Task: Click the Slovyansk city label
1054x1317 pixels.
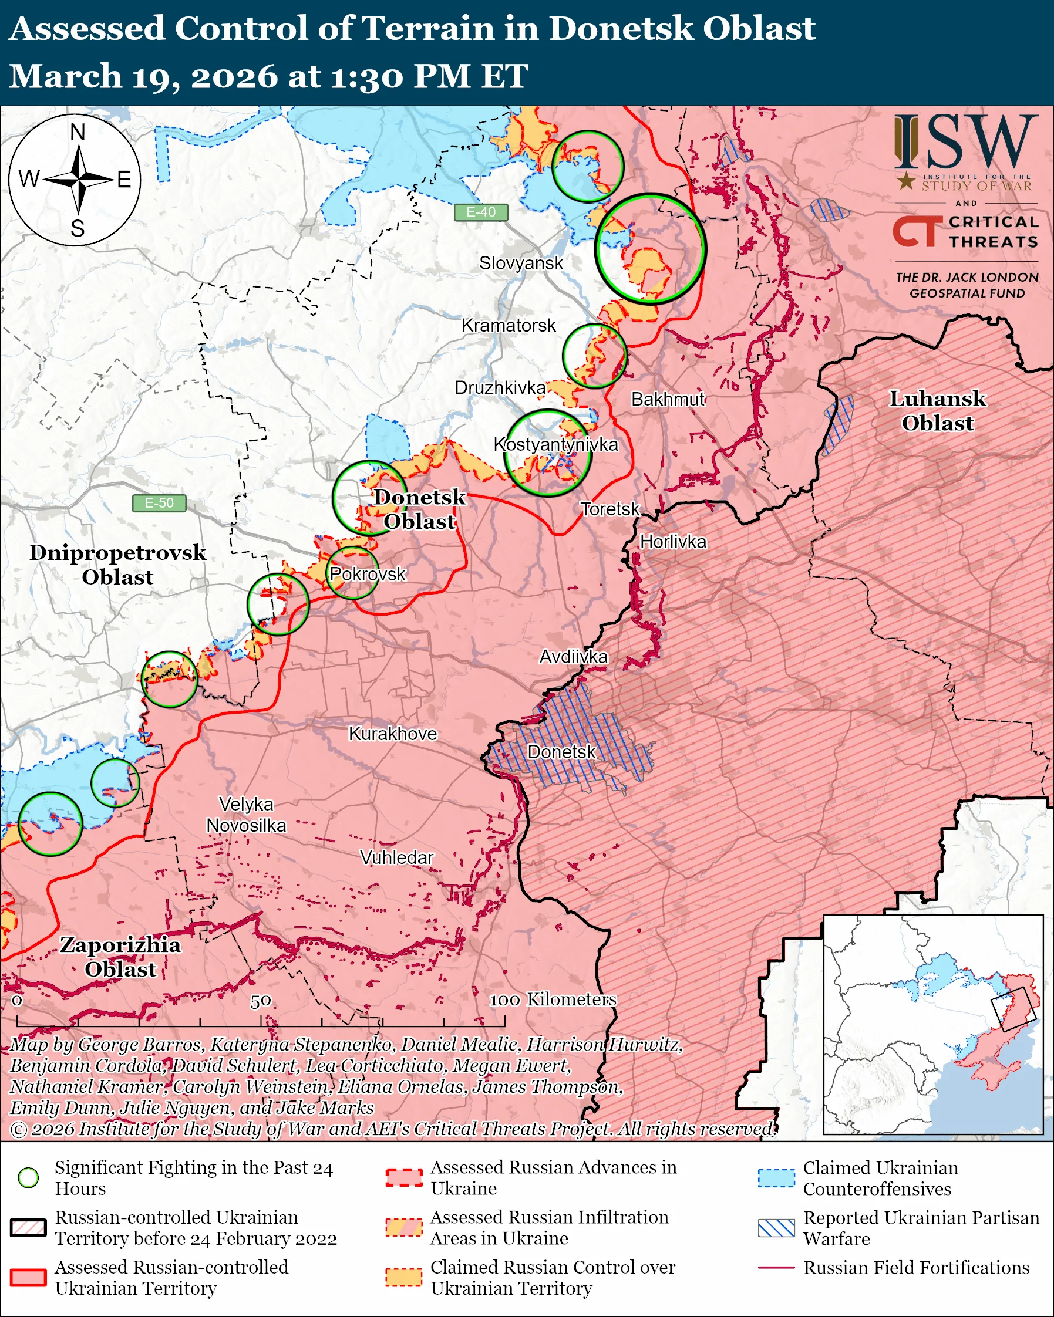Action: [x=521, y=264]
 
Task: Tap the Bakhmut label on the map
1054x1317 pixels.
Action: [x=668, y=400]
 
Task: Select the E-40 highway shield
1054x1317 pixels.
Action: [x=481, y=212]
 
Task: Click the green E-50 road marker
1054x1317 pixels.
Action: [x=159, y=503]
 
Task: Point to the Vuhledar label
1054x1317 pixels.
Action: [x=396, y=857]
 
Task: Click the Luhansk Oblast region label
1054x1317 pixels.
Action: [x=937, y=410]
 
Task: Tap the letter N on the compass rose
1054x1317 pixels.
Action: [x=78, y=133]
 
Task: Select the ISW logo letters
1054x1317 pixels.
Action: [x=965, y=143]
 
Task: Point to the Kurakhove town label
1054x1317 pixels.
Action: [x=392, y=734]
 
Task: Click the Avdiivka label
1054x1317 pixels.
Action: [x=573, y=657]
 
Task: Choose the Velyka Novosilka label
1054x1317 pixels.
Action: [x=246, y=815]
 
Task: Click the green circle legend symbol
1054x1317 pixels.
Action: [x=28, y=1178]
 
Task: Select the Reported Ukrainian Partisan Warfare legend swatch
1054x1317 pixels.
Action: [x=776, y=1228]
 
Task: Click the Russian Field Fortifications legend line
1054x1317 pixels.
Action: [x=776, y=1268]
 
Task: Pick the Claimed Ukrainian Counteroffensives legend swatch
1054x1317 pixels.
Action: [x=776, y=1178]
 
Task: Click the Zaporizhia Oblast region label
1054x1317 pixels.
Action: [x=120, y=957]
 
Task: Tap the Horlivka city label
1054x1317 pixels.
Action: [x=673, y=542]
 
